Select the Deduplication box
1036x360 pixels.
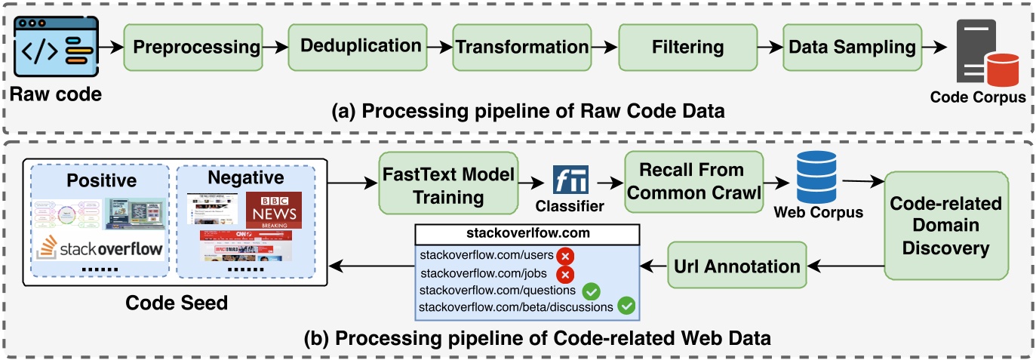[x=360, y=45]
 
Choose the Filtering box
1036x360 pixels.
[x=687, y=47]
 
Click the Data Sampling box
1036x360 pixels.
[x=852, y=47]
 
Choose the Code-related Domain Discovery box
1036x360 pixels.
[x=945, y=226]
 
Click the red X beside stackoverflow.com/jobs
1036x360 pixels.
[x=564, y=274]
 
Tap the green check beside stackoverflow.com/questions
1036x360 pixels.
[x=592, y=291]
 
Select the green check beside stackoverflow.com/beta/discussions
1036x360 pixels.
[x=626, y=306]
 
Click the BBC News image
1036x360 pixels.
[x=272, y=210]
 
